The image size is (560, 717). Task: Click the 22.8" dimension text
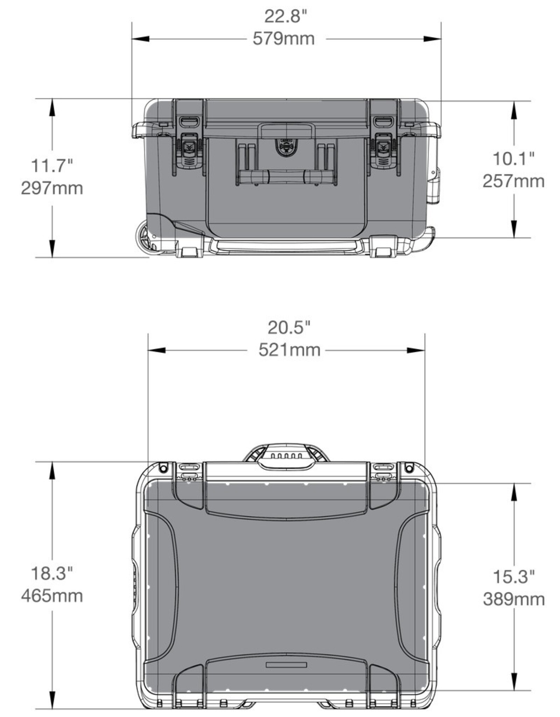285,16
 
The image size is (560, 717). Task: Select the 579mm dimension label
283,39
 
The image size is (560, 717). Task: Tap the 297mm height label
52,188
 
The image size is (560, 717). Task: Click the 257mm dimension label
513,181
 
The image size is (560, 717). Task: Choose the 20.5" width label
289,328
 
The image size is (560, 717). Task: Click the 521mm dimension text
289,350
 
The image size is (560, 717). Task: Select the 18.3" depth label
52,573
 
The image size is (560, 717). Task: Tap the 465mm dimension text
52,596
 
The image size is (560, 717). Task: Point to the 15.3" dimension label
513,576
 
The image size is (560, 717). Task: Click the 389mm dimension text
514,599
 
